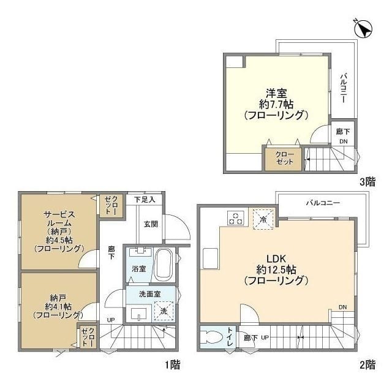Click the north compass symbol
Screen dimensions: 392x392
click(363, 29)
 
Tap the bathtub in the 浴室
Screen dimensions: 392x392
click(164, 266)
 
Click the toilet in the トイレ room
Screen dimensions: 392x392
click(212, 337)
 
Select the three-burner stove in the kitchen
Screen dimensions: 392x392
click(235, 218)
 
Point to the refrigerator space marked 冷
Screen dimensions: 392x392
click(263, 219)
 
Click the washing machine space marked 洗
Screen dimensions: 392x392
click(164, 311)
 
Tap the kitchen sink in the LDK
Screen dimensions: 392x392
click(211, 258)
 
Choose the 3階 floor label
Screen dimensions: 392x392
click(367, 182)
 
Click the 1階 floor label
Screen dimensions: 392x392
click(172, 365)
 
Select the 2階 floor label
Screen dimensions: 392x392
click(367, 365)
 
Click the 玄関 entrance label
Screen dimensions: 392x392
click(151, 224)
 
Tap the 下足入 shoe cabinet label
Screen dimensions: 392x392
click(145, 200)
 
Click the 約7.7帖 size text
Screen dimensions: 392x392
click(276, 105)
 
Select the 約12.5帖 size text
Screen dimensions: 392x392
click(276, 270)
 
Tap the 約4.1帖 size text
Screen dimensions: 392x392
click(59, 306)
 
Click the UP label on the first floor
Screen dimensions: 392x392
click(111, 320)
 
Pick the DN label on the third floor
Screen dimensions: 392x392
click(343, 141)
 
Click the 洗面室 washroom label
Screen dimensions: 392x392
click(149, 294)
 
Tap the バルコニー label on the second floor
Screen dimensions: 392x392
click(323, 203)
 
